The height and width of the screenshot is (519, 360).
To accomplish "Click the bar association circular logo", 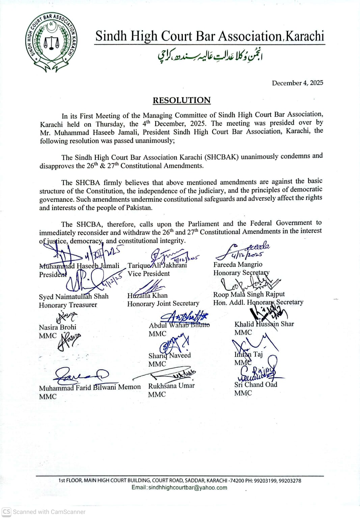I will [52, 42].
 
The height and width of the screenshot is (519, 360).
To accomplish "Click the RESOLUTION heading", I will [182, 100].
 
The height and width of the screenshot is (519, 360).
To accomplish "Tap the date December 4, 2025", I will [297, 83].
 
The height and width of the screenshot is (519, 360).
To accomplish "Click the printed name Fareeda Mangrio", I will [238, 264].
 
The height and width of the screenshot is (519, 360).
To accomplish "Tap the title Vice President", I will [148, 273].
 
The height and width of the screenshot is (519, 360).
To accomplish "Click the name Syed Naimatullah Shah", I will [74, 296].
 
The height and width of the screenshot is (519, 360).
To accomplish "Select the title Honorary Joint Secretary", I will [163, 304].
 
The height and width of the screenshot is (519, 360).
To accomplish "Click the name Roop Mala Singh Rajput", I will [249, 294].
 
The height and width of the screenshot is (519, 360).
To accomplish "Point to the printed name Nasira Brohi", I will [57, 327].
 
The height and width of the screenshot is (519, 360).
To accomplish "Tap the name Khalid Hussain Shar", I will [264, 324].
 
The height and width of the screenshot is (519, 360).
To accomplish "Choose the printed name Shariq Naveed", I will [169, 355].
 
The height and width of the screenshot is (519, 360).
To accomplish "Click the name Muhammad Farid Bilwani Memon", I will [90, 387].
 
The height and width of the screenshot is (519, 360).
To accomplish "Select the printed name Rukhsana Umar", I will [171, 385].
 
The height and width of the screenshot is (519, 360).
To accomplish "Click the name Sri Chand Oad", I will [255, 384].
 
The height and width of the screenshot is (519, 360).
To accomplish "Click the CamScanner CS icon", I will [6, 512].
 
